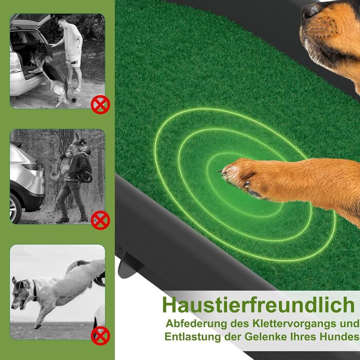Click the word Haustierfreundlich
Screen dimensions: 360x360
pyautogui.click(x=258, y=305)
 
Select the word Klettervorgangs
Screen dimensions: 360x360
pyautogui.click(x=293, y=323)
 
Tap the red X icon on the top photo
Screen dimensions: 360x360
pyautogui.click(x=100, y=105)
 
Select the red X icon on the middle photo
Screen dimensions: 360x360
pyautogui.click(x=100, y=220)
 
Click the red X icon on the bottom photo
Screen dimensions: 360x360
pyautogui.click(x=100, y=336)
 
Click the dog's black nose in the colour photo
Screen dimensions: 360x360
pyautogui.click(x=310, y=10)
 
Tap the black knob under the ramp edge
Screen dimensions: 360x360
pyautogui.click(x=129, y=266)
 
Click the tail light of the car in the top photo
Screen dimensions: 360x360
pyautogui.click(x=15, y=62)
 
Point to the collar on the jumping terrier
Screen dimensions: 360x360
pyautogui.click(x=34, y=291)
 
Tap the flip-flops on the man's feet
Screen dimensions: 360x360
pyautogui.click(x=75, y=90)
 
